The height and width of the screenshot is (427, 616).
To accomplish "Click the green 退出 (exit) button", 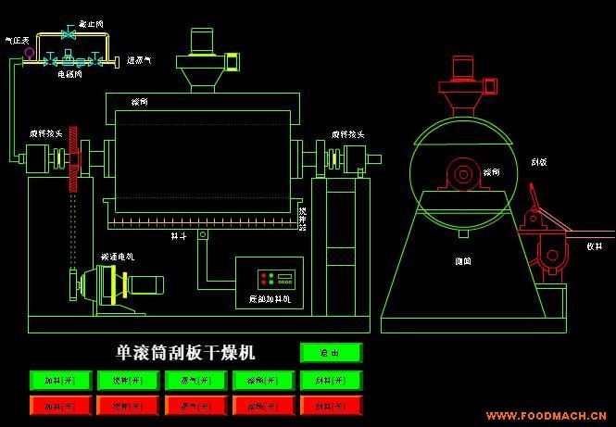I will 331,353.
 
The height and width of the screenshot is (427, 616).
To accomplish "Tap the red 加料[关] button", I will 59,405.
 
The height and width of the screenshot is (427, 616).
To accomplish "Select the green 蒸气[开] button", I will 195,380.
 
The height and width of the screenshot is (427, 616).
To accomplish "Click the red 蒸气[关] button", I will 195,405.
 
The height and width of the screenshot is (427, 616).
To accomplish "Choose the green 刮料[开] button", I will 330,380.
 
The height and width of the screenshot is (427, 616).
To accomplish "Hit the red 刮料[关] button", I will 330,405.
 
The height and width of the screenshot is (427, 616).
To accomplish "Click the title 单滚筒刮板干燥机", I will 185,353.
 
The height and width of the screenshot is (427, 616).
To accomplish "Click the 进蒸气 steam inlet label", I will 139,59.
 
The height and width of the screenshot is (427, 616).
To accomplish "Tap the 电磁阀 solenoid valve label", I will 69,71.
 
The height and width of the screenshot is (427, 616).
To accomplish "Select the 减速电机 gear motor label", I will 117,256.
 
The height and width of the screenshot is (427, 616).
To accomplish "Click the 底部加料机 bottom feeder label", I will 270,299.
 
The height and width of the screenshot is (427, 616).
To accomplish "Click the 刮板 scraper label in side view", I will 538,161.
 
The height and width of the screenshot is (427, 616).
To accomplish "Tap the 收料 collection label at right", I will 594,246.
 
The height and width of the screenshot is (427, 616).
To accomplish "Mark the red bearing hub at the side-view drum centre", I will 460,173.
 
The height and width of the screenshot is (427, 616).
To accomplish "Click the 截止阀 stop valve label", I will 91,21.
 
